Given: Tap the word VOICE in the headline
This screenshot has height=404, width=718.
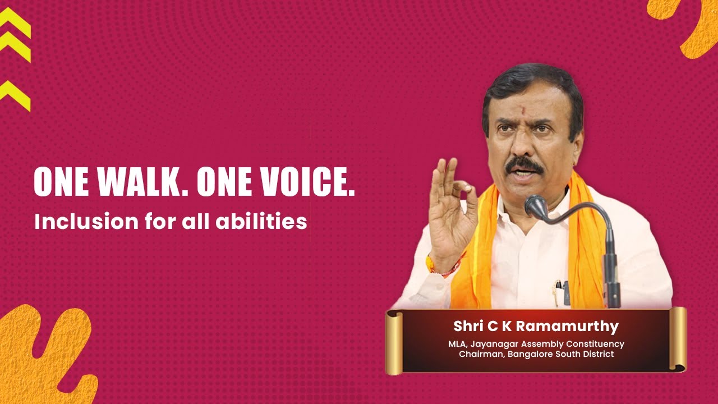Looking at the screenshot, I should [308, 182].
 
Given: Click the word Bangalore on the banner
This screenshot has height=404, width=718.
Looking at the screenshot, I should [530, 354].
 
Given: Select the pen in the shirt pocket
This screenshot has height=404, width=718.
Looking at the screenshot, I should [558, 292].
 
